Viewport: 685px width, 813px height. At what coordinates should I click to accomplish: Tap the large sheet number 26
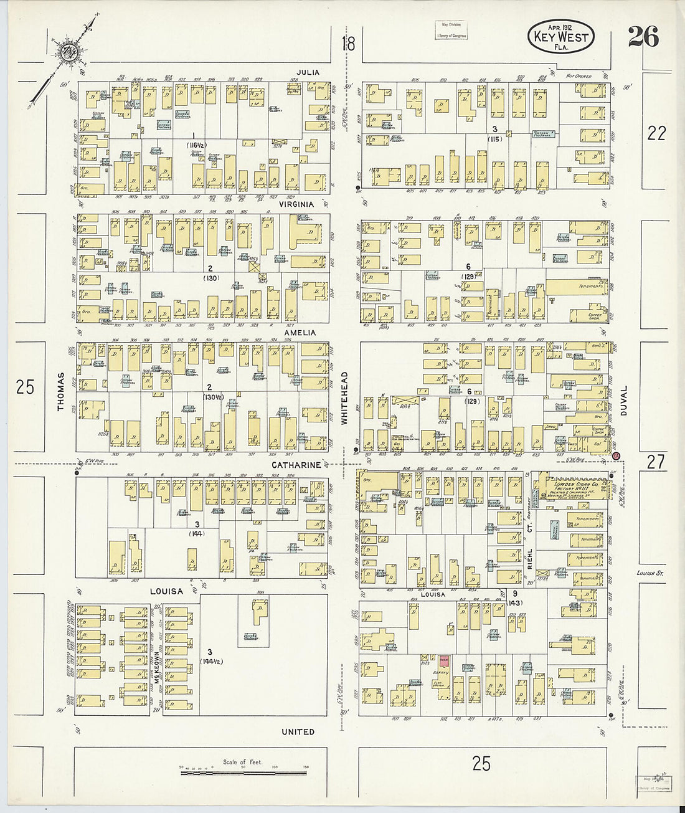click(x=643, y=37)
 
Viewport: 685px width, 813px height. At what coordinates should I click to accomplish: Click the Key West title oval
click(x=560, y=36)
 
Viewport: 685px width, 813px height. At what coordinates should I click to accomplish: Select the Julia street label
click(x=308, y=72)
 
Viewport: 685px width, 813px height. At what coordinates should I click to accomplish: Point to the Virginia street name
click(x=295, y=204)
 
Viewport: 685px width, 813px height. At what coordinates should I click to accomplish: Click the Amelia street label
click(x=300, y=333)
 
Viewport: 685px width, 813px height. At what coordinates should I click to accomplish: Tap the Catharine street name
click(x=296, y=465)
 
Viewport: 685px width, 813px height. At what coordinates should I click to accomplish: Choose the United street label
click(x=298, y=732)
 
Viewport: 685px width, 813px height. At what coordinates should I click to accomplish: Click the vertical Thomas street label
click(x=61, y=391)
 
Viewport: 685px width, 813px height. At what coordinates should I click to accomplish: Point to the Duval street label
click(x=623, y=400)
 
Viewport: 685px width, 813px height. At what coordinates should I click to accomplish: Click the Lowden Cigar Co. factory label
click(x=577, y=484)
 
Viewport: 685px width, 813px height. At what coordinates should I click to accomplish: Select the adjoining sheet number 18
click(x=348, y=44)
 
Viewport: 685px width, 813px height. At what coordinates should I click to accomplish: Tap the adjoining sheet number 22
click(x=656, y=133)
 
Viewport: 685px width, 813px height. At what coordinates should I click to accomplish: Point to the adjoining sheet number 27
click(x=656, y=462)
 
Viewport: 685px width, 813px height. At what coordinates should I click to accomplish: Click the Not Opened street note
click(x=579, y=76)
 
